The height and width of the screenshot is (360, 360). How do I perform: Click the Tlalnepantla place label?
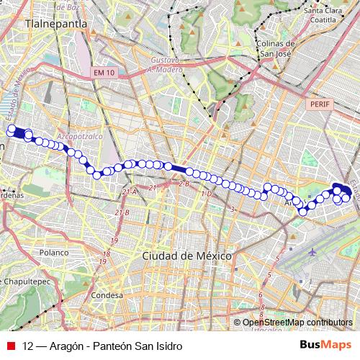coord(56,23)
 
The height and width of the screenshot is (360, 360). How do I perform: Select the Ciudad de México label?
coord(186,256)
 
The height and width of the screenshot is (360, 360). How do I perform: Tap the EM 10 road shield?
coord(104,73)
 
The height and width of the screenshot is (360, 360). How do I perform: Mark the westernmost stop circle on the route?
coord(12,130)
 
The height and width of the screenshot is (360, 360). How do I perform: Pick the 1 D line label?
coord(207,194)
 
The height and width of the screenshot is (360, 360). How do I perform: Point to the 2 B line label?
coord(183,184)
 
